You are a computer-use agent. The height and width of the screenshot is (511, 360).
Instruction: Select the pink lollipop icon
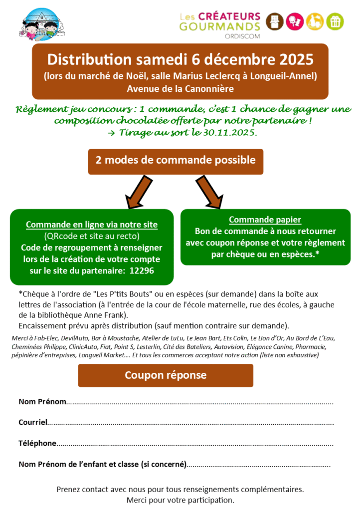[x=295, y=21]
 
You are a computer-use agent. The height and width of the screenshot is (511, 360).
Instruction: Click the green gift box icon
[x=335, y=21]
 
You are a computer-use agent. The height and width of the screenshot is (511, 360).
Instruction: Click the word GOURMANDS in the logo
[x=220, y=27]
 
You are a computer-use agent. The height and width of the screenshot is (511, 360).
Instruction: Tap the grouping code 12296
[x=142, y=270]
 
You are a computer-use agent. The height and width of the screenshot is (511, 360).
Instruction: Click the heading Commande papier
[x=265, y=220]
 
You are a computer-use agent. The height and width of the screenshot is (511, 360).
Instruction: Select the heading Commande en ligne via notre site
[x=92, y=225]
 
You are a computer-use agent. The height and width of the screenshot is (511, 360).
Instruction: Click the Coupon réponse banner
[x=166, y=375]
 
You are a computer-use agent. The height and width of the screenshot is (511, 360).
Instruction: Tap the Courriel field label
[x=33, y=422]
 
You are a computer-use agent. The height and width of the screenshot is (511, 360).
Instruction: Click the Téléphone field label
[x=37, y=443]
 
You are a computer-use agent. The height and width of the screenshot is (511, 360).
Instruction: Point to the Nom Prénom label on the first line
[x=42, y=402]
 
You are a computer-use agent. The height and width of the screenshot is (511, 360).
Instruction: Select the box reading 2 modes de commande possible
[x=176, y=161]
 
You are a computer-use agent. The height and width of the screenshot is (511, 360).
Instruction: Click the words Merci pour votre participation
[x=180, y=500]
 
